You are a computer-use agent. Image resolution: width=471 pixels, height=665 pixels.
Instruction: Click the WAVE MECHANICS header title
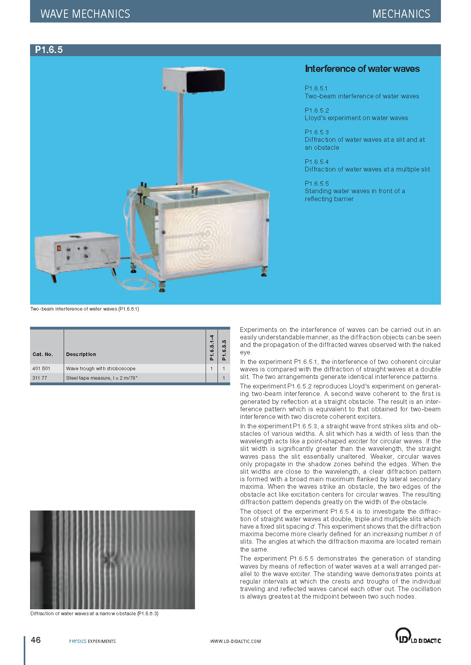click(85, 14)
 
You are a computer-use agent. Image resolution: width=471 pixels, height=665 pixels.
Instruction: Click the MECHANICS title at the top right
click(401, 14)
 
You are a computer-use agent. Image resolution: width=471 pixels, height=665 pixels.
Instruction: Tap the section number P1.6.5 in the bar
click(49, 50)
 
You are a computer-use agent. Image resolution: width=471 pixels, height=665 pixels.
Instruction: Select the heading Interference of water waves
click(362, 69)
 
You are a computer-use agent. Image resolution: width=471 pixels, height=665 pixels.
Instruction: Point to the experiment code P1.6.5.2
click(317, 110)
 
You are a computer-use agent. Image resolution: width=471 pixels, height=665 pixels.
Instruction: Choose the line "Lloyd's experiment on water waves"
click(356, 118)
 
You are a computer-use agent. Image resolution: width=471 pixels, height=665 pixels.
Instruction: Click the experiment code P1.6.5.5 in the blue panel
click(317, 183)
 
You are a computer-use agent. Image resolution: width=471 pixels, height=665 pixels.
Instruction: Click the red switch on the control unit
click(60, 249)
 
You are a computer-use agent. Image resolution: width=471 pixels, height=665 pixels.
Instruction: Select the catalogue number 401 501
click(41, 368)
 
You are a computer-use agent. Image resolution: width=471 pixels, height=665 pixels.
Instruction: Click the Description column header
click(81, 354)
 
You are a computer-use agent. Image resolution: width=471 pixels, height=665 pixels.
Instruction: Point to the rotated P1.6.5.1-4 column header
click(212, 348)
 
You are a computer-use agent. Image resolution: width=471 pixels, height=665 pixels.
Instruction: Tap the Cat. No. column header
click(42, 354)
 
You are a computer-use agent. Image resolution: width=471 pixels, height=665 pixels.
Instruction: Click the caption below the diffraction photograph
click(94, 614)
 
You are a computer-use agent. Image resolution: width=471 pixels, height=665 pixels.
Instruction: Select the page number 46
click(36, 640)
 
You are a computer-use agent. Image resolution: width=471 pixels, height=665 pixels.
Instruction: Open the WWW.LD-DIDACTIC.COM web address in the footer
click(235, 641)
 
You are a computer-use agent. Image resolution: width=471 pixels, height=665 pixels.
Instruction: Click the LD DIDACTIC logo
click(418, 636)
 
